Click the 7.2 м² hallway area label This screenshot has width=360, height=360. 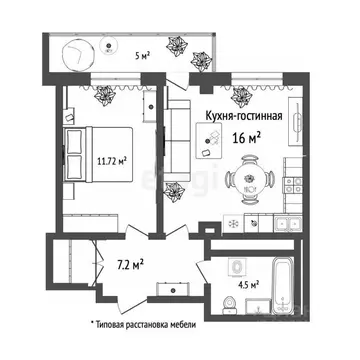point(129,265)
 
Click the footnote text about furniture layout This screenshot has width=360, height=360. point(144,325)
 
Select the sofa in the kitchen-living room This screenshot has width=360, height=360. point(175,150)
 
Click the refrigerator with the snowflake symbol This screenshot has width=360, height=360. point(231,222)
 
